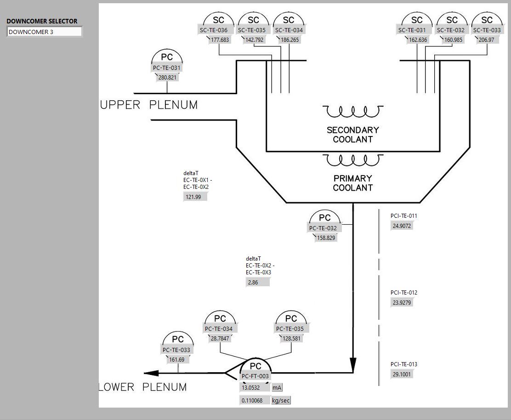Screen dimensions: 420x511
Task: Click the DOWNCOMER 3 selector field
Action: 44,32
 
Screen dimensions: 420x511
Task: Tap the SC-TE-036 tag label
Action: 213,30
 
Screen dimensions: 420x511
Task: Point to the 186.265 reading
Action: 289,40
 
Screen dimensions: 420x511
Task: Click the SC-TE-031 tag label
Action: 412,30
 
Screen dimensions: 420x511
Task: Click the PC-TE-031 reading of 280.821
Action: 167,78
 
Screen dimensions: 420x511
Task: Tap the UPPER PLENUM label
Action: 149,105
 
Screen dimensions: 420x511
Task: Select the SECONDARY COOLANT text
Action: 352,135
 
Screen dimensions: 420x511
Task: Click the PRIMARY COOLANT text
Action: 352,183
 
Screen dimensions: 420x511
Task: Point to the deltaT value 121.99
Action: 195,197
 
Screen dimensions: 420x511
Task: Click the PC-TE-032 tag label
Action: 323,228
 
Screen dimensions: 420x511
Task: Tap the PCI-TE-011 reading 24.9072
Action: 402,226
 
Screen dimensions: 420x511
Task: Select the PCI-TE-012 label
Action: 404,293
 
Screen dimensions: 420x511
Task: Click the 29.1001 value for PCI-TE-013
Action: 402,375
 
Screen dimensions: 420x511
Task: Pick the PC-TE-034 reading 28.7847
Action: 220,338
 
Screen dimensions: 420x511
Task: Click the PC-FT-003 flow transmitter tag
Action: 255,376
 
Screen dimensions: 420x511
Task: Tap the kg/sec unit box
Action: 281,401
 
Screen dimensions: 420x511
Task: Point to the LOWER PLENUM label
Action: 143,387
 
